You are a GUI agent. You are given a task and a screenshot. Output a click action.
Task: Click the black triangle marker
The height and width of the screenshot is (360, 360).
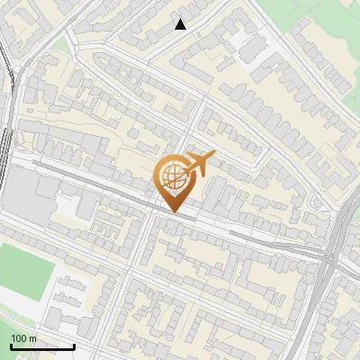(181, 24)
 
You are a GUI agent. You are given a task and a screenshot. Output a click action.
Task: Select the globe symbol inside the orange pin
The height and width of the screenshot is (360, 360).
(172, 175)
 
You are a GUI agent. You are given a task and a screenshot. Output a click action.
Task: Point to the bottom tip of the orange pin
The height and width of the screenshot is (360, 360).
(175, 211)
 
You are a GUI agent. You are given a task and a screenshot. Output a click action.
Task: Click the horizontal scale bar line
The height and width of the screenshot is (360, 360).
(42, 346)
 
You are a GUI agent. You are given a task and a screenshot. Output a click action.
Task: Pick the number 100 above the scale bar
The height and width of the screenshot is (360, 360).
(18, 338)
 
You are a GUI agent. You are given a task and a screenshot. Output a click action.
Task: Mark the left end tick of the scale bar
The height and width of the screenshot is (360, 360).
(11, 345)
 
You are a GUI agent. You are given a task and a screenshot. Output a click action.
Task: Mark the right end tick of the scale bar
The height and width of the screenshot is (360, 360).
(74, 345)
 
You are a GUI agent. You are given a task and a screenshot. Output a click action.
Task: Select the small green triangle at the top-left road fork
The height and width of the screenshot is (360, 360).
(59, 44)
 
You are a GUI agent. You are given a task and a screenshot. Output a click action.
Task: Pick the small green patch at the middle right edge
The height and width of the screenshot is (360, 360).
(355, 216)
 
